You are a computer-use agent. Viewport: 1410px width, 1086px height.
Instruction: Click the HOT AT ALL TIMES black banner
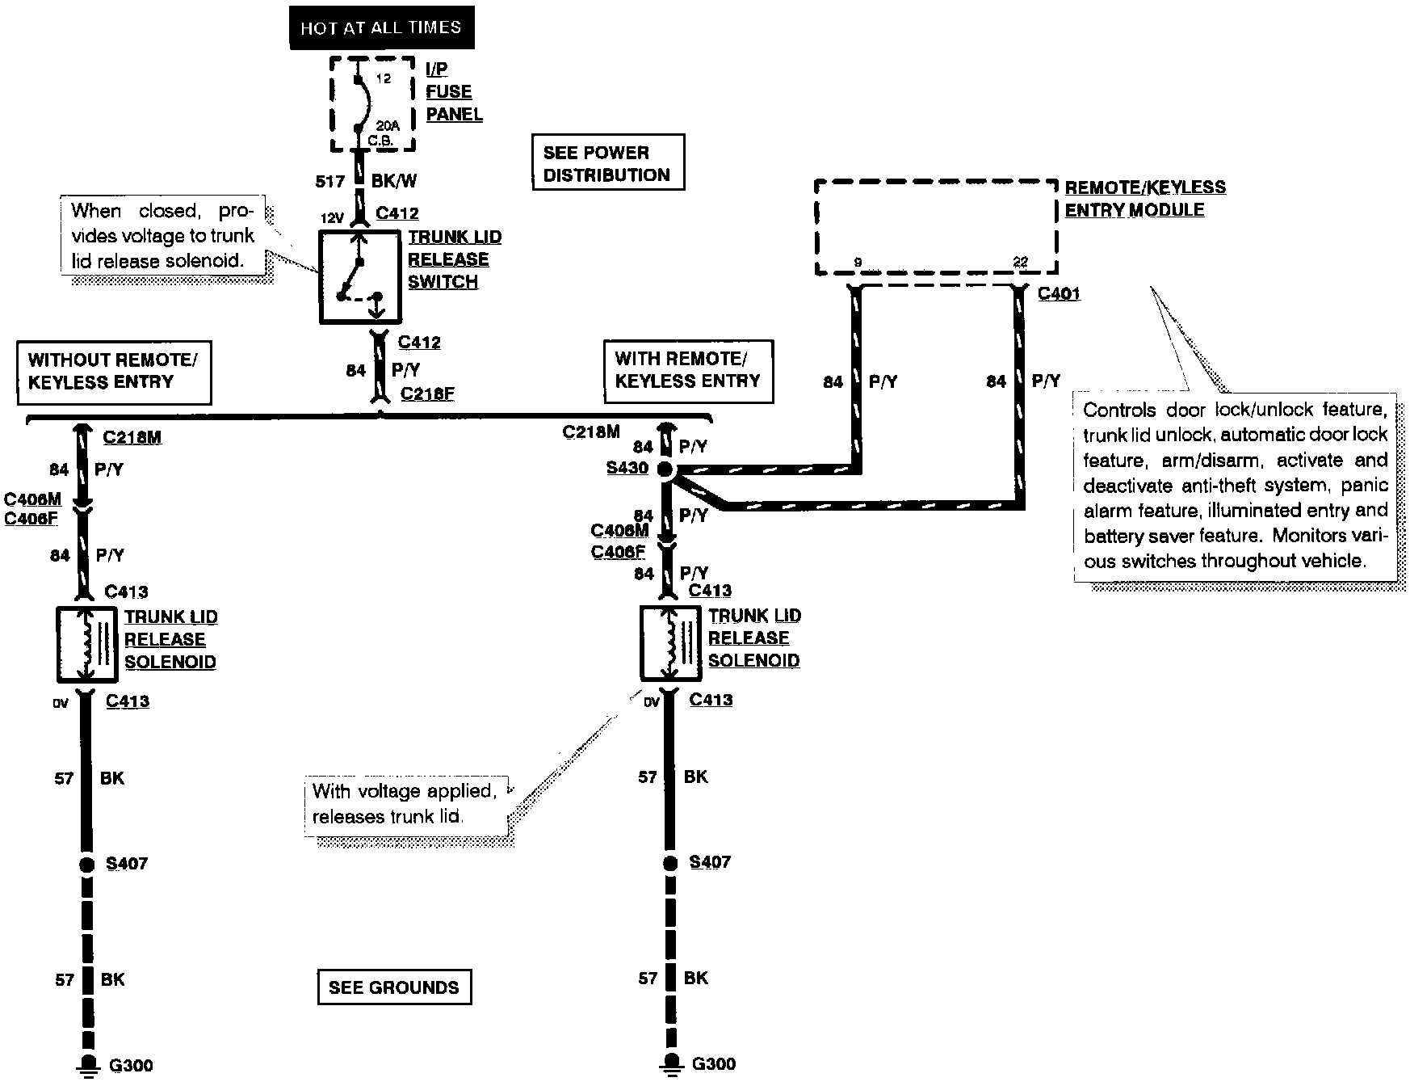tap(381, 28)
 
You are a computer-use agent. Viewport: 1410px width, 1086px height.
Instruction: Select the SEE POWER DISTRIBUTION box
tap(608, 162)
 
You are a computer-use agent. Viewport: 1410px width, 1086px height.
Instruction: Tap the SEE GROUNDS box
tap(394, 987)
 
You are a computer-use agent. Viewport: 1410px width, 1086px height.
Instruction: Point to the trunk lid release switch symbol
tap(359, 277)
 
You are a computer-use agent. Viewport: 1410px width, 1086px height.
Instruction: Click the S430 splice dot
tap(665, 469)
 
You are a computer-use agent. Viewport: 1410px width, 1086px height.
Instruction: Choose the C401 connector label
tap(1059, 293)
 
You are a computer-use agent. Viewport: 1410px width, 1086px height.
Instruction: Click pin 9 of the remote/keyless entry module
tap(858, 263)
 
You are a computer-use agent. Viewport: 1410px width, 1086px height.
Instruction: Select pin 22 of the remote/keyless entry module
tap(1021, 263)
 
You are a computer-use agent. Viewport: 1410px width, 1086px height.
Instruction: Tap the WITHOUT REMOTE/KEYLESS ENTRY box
tap(115, 372)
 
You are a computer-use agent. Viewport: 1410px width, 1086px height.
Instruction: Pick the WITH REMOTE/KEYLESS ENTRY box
tap(688, 371)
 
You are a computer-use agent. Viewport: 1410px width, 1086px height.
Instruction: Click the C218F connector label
tap(427, 394)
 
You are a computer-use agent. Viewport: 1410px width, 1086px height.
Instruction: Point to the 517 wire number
tap(329, 182)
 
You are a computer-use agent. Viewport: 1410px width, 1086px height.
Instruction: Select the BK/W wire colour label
tap(394, 182)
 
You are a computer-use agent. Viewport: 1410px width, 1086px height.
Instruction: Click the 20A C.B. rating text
tap(386, 133)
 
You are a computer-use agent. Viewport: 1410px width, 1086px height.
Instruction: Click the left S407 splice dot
tap(86, 864)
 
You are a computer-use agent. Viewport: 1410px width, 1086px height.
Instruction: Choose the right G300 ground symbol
tap(669, 1064)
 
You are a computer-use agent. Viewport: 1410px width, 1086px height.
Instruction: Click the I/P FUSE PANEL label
tap(454, 92)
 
